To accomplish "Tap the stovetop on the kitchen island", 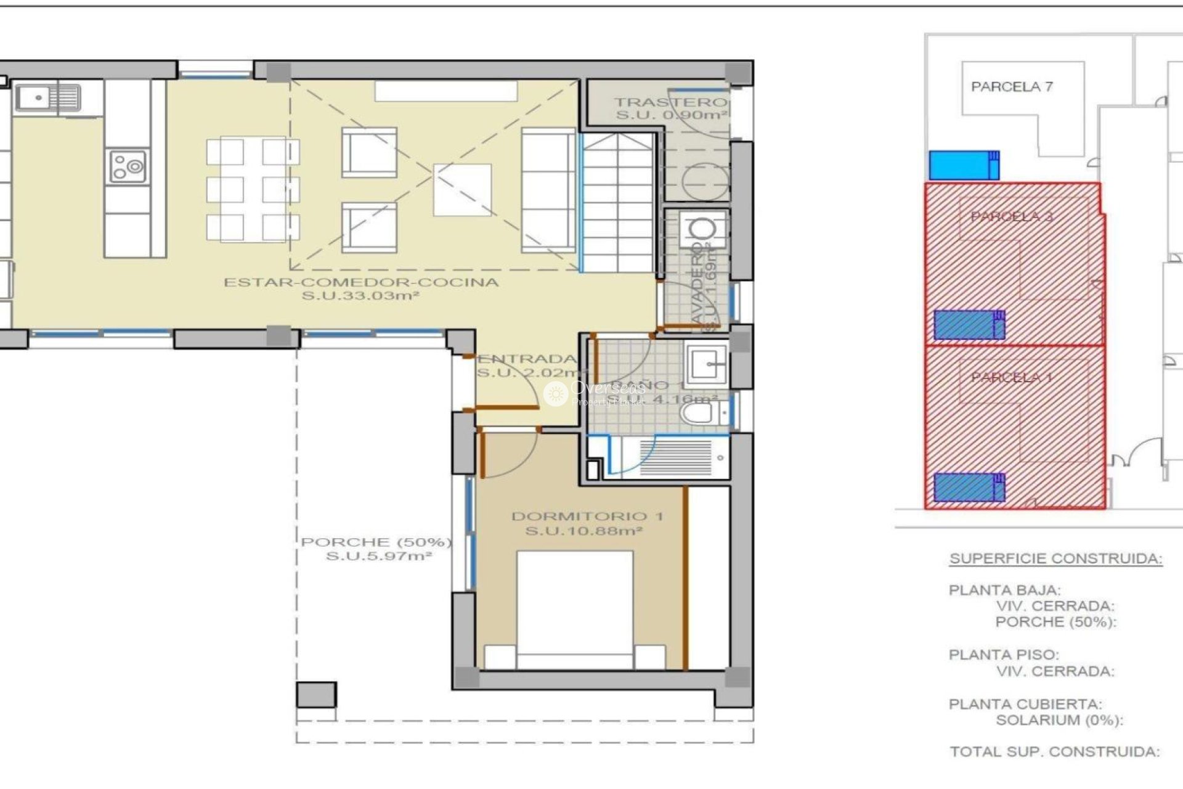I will [128, 166].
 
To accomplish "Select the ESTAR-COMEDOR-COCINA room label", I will [360, 283].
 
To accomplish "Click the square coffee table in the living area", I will [462, 189].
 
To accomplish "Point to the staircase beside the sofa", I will [617, 203].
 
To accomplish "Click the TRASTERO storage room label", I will [670, 102].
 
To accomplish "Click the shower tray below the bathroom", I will [675, 457].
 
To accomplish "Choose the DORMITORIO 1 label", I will [587, 517].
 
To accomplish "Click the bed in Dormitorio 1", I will [574, 610].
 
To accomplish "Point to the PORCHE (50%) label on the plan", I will [376, 542].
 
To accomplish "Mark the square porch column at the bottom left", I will [316, 695].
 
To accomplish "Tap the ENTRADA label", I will [527, 359].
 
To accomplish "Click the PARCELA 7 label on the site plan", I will [1012, 87].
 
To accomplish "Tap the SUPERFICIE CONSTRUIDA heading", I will [1055, 559].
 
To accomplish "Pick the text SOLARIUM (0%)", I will [1059, 720].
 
